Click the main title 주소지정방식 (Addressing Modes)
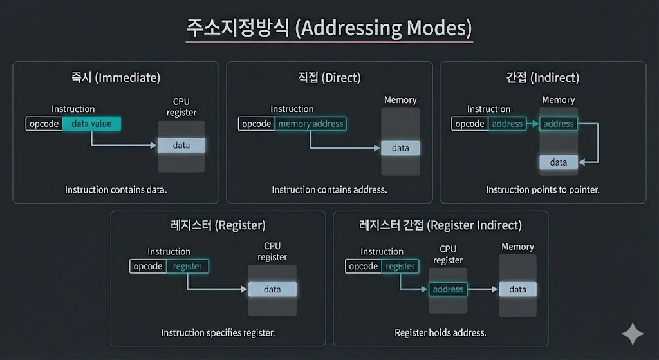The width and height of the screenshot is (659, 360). click(x=329, y=28)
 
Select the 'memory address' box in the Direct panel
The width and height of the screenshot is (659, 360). click(x=310, y=124)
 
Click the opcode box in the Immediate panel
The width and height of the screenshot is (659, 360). click(x=44, y=124)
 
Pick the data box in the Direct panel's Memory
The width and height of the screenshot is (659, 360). click(x=400, y=148)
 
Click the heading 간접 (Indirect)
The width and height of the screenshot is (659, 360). click(x=543, y=78)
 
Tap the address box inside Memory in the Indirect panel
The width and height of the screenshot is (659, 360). click(x=558, y=124)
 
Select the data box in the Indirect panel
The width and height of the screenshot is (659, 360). click(x=559, y=162)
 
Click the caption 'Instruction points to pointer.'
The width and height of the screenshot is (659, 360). click(x=543, y=190)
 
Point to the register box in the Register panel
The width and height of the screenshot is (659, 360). click(x=187, y=266)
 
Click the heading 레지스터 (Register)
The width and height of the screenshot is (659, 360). click(x=217, y=225)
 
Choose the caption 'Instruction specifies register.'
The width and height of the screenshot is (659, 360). click(x=218, y=333)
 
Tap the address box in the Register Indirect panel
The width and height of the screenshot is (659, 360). click(x=448, y=289)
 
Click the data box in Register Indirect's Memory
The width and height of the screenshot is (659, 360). click(x=517, y=289)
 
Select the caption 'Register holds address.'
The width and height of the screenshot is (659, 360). click(x=440, y=333)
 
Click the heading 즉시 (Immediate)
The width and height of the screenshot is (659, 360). click(x=116, y=78)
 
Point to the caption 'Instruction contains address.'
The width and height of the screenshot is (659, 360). click(x=329, y=190)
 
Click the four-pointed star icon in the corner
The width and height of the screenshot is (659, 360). click(x=632, y=334)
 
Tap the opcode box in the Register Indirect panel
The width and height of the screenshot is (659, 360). click(x=364, y=266)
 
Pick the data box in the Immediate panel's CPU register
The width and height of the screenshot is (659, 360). click(x=181, y=146)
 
